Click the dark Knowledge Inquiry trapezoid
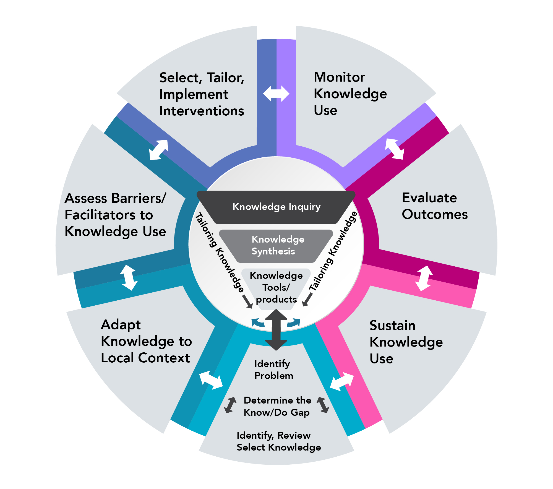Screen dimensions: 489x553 tap(276, 207)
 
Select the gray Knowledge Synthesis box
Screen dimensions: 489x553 tap(276, 246)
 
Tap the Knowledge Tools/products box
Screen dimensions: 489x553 tap(276, 288)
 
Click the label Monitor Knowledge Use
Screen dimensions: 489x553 tap(350, 93)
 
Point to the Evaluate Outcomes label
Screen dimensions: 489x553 tap(435, 206)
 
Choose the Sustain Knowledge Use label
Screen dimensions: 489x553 tap(406, 342)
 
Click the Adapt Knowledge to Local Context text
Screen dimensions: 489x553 tap(146, 341)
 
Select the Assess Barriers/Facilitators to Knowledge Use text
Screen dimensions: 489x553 tap(115, 215)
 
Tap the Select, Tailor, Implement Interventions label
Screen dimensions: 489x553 tap(202, 94)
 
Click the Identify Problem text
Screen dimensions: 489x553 tap(273, 370)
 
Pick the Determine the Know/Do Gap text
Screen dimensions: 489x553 tap(277, 406)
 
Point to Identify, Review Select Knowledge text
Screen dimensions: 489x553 tap(278, 441)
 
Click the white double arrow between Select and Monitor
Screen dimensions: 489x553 tap(276, 93)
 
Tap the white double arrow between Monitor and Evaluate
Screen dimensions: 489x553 tap(395, 149)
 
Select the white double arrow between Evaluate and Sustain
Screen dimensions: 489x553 tap(424, 278)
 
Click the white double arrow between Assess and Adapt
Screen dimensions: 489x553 tap(129, 277)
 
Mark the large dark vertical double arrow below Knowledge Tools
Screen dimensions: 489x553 tap(276, 330)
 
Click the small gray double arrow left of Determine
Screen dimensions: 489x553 tap(230, 405)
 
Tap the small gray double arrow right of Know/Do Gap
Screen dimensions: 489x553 tap(323, 405)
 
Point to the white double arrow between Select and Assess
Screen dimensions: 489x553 tap(159, 150)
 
